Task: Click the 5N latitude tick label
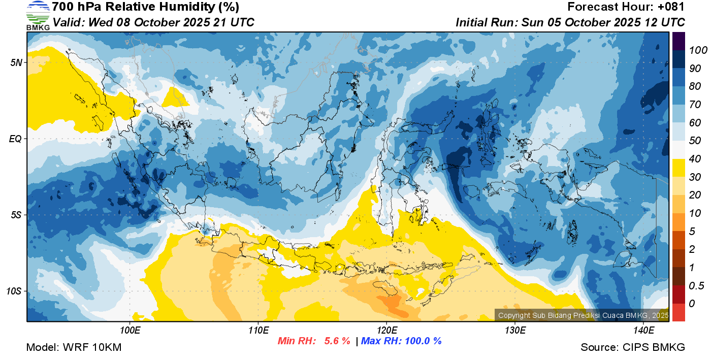16,62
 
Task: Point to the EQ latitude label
16,139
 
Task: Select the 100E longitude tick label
130,331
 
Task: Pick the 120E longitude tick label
386,331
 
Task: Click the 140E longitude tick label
643,331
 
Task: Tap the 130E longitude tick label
515,331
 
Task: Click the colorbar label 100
698,50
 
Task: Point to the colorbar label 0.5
696,286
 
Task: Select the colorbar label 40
695,159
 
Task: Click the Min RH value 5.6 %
337,341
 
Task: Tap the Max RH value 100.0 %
423,341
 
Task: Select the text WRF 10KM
92,347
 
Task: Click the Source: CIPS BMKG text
633,347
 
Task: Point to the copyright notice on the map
583,315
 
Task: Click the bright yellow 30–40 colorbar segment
678,168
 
